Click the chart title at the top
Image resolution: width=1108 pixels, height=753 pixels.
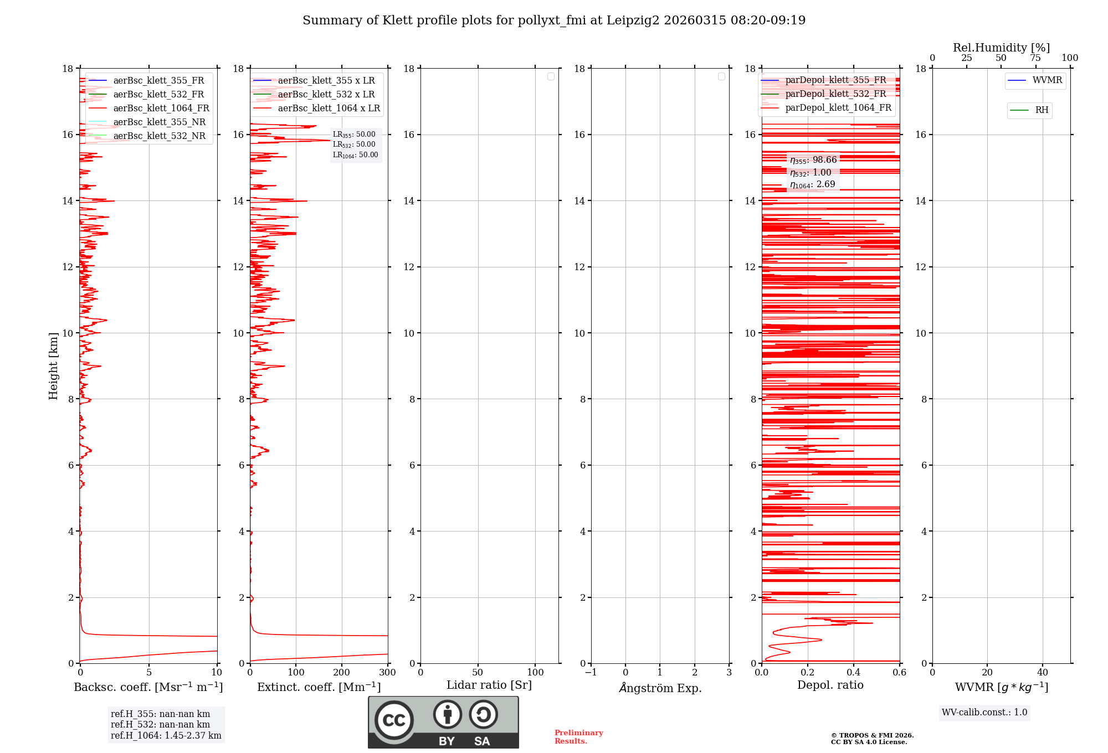pos(554,20)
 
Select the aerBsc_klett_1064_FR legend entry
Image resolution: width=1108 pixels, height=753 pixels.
pos(161,108)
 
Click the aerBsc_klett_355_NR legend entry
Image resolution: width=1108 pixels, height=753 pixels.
pos(159,122)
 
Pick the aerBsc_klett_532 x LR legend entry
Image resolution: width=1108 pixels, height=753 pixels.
pos(326,94)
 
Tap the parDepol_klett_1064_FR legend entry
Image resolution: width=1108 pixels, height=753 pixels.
pos(838,107)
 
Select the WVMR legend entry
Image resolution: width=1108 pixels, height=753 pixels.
pos(1047,80)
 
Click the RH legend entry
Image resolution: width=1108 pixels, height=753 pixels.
pos(1041,110)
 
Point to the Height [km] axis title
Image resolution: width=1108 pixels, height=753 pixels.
pos(53,366)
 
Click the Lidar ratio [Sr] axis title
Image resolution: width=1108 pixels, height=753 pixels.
pos(489,685)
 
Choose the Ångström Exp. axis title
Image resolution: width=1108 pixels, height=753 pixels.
pos(660,688)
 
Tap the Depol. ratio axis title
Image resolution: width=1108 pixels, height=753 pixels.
pos(830,685)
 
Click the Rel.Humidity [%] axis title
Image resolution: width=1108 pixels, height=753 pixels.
pos(1001,48)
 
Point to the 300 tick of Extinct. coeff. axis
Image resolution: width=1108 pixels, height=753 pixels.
pos(387,672)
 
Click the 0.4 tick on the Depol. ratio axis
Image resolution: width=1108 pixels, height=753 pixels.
pos(854,672)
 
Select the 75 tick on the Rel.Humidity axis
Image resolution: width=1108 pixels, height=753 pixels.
pos(1035,58)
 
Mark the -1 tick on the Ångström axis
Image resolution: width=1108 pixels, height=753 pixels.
pos(591,672)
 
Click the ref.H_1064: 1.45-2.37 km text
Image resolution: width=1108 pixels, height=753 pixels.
pos(166,735)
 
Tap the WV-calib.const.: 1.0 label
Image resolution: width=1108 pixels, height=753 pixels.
pos(984,712)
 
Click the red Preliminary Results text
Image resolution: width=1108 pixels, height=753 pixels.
pos(578,736)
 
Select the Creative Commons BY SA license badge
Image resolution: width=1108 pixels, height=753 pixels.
pos(443,722)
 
